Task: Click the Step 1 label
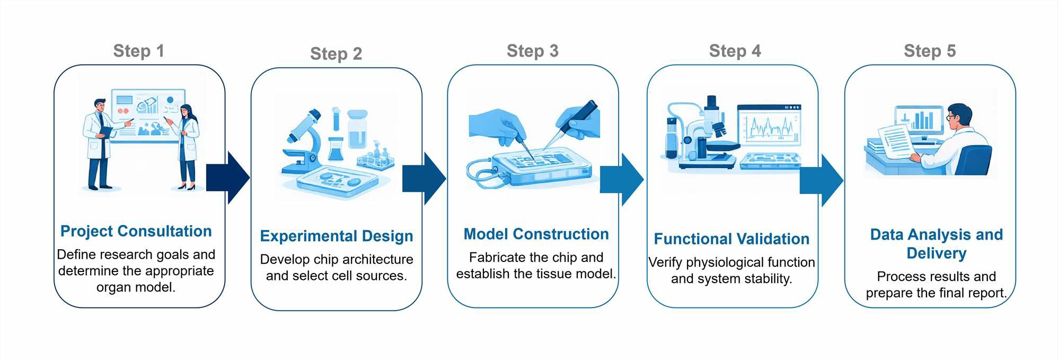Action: point(138,51)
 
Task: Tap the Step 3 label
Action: point(532,51)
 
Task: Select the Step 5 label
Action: point(929,51)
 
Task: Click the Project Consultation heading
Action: point(136,231)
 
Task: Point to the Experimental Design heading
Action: point(336,236)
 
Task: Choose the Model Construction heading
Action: point(536,234)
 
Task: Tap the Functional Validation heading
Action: point(731,239)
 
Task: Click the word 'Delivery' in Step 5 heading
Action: point(936,253)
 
